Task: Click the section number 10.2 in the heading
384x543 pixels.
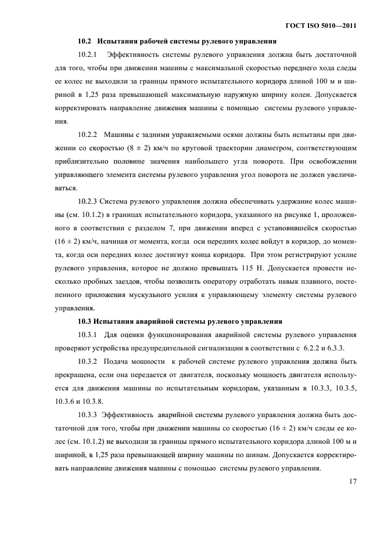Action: pos(85,41)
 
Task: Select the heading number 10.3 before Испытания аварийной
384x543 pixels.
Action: pos(85,320)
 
